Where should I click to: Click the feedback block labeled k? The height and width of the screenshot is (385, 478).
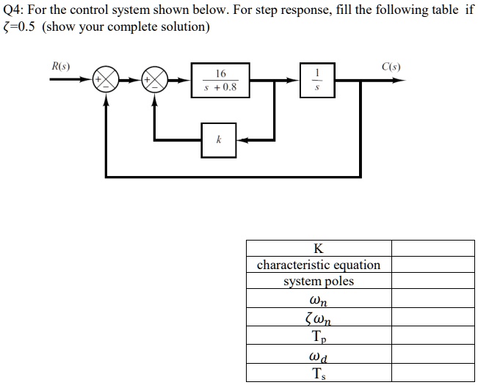click(x=220, y=139)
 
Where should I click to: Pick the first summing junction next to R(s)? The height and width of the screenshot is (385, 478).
click(x=107, y=80)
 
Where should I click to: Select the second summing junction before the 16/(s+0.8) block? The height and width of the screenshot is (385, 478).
click(x=155, y=80)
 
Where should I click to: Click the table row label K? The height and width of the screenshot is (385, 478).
click(x=318, y=248)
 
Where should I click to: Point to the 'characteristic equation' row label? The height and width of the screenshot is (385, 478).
click(x=318, y=265)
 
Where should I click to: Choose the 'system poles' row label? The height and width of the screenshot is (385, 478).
click(x=318, y=282)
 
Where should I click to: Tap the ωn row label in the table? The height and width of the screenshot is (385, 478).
click(x=318, y=299)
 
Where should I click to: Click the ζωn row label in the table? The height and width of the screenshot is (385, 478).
click(x=318, y=317)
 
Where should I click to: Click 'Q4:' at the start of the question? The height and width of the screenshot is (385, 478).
click(x=14, y=10)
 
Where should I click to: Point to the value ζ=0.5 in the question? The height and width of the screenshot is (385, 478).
click(x=19, y=27)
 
